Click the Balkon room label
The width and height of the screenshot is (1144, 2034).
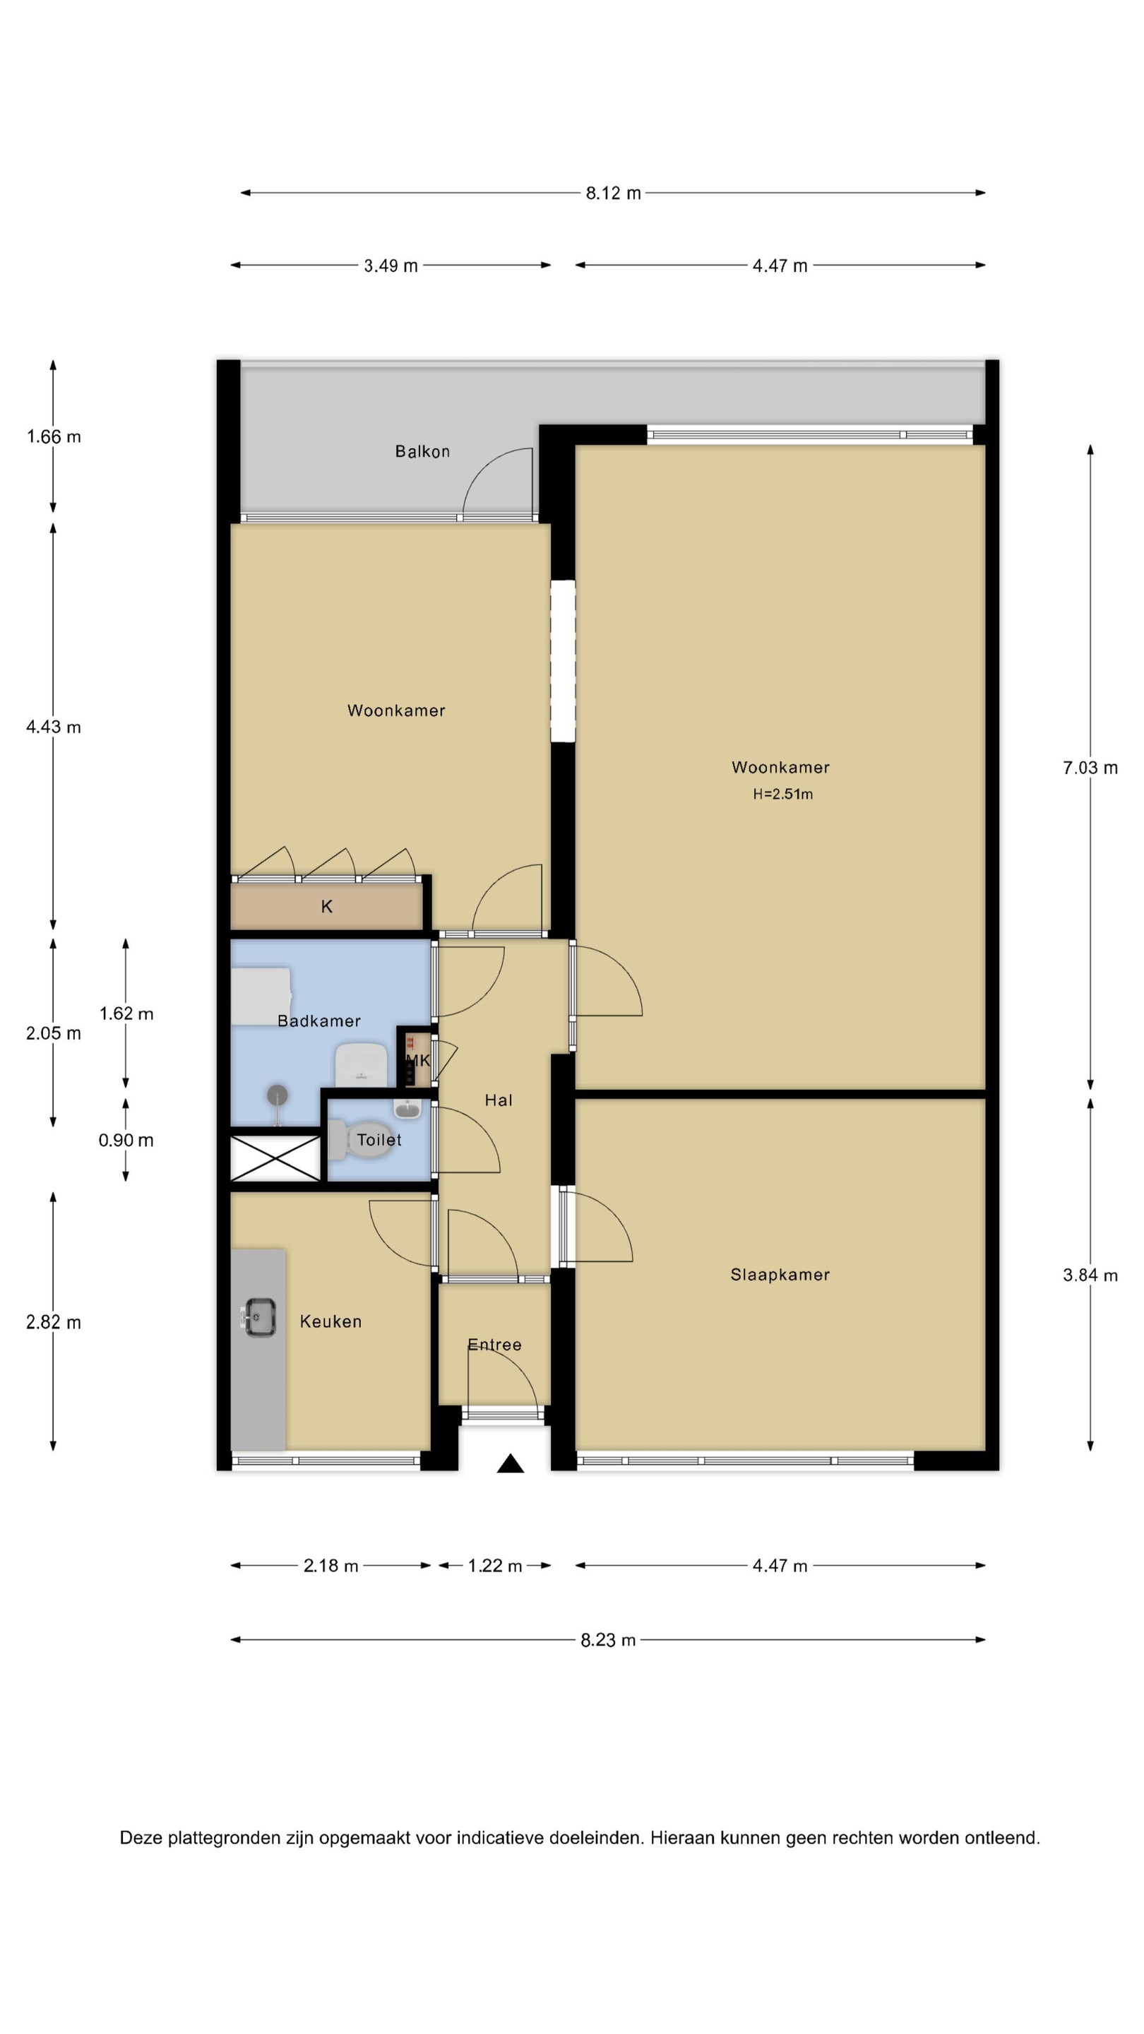click(422, 452)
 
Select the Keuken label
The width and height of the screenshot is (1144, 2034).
click(330, 1322)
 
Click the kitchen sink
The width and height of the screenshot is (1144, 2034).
click(259, 1318)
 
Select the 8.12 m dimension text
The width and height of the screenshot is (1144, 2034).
click(614, 194)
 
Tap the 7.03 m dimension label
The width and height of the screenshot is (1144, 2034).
click(1090, 768)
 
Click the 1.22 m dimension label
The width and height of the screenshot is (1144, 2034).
click(495, 1566)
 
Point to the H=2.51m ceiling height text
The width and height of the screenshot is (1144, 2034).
click(782, 795)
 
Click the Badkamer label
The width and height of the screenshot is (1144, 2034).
click(319, 1021)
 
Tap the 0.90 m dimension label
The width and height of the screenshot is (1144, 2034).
click(126, 1140)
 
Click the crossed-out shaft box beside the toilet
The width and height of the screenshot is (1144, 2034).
click(275, 1158)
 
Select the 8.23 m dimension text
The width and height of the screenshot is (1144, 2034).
click(609, 1640)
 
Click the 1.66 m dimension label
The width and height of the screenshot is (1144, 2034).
click(54, 436)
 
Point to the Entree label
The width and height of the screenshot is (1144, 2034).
click(495, 1345)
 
